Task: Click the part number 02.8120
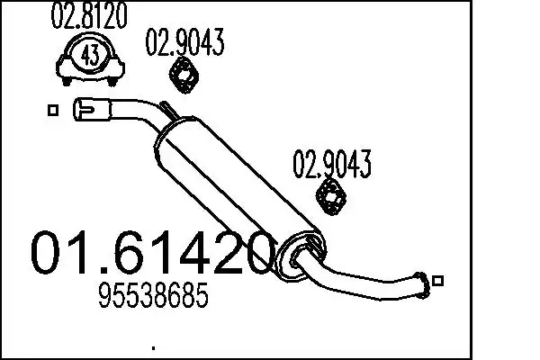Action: pos(89,16)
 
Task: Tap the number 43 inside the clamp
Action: pos(90,56)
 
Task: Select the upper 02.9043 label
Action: pos(184,42)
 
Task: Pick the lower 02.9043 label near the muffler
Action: pos(332,164)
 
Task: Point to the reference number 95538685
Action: pos(154,295)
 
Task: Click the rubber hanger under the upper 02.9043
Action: pos(184,76)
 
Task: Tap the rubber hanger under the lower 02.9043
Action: pos(331,197)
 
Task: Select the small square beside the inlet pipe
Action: pos(53,110)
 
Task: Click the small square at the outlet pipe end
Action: pos(437,281)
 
